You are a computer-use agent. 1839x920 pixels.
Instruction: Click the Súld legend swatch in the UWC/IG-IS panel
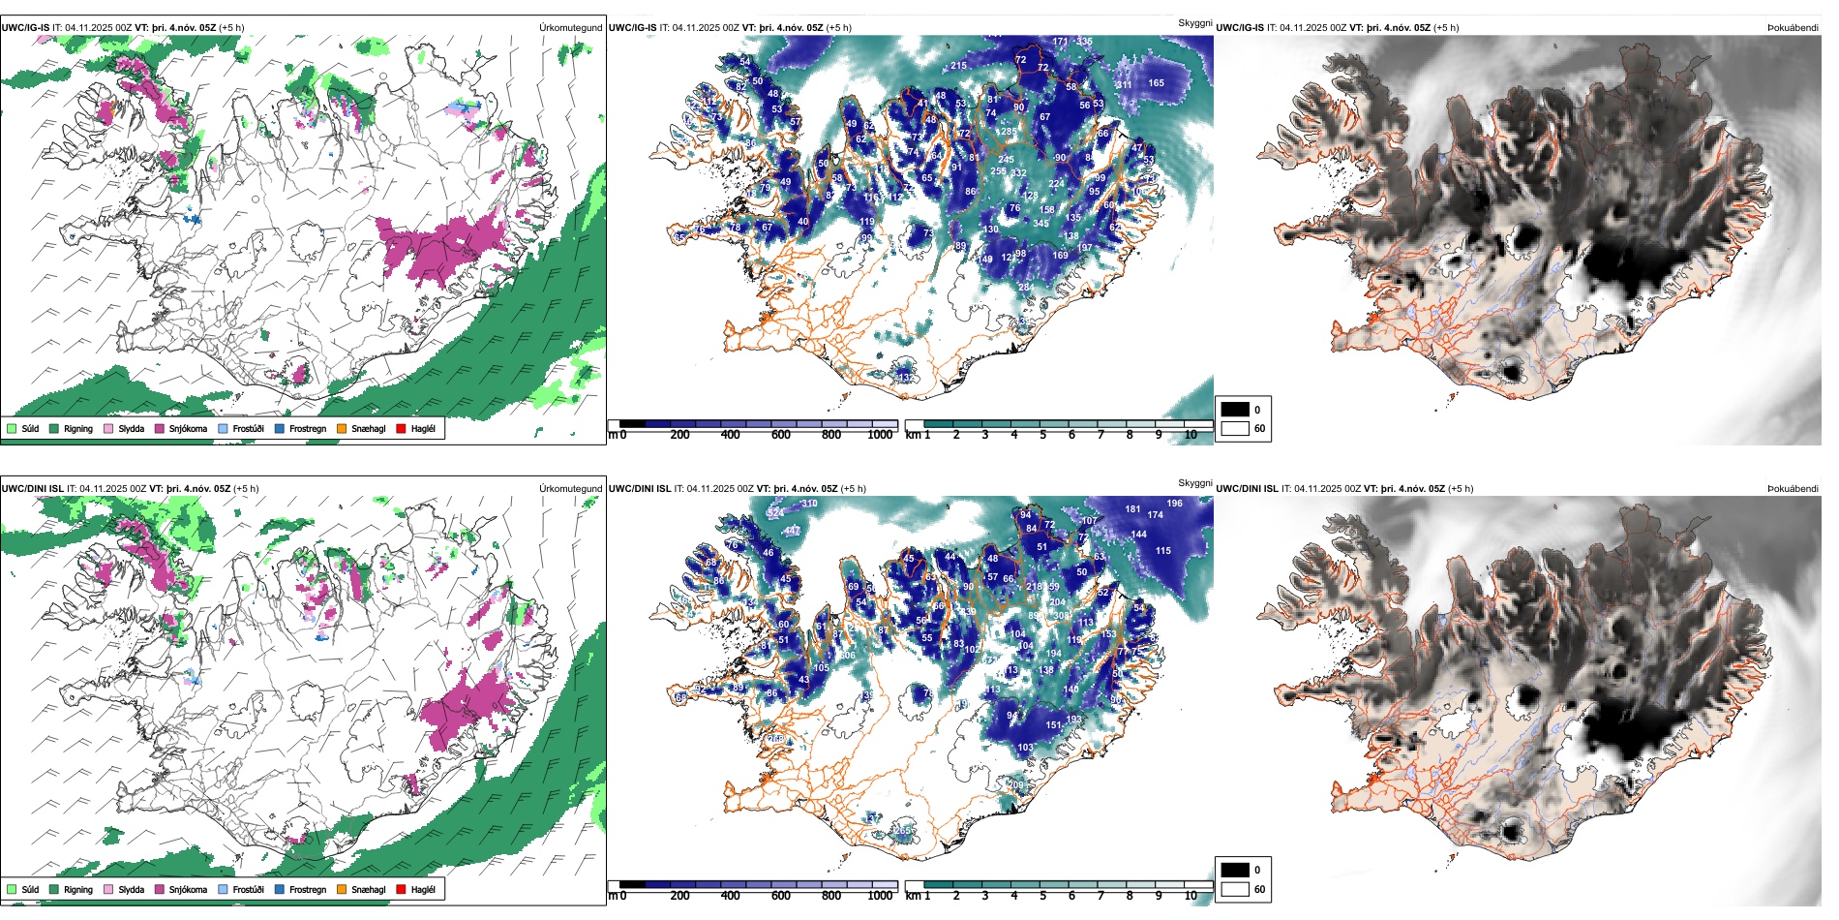pyautogui.click(x=12, y=428)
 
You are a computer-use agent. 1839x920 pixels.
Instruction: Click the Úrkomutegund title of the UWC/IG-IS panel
pyautogui.click(x=570, y=27)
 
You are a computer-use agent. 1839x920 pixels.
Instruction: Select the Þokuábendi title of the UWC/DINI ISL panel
pyautogui.click(x=1793, y=488)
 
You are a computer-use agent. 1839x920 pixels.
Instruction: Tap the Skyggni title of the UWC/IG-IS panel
pyautogui.click(x=1194, y=22)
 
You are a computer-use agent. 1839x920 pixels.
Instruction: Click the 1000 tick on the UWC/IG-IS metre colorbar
pyautogui.click(x=880, y=435)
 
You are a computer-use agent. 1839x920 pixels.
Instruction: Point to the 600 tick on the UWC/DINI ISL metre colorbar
pyautogui.click(x=780, y=896)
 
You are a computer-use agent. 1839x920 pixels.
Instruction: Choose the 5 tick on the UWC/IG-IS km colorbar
pyautogui.click(x=1042, y=435)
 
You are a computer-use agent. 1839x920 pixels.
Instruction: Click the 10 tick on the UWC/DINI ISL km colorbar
pyautogui.click(x=1191, y=896)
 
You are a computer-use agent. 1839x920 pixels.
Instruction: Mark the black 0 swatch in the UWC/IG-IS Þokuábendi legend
pyautogui.click(x=1235, y=409)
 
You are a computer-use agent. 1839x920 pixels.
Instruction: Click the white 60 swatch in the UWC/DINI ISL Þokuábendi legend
pyautogui.click(x=1235, y=889)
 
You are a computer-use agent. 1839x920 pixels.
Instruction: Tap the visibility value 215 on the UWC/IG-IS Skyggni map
pyautogui.click(x=958, y=66)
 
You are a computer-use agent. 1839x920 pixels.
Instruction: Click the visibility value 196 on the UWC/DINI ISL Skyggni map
pyautogui.click(x=1174, y=504)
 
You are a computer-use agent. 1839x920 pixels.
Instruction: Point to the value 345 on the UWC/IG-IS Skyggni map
pyautogui.click(x=1040, y=224)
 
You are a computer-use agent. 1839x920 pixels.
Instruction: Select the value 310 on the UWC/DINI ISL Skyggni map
pyautogui.click(x=809, y=504)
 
